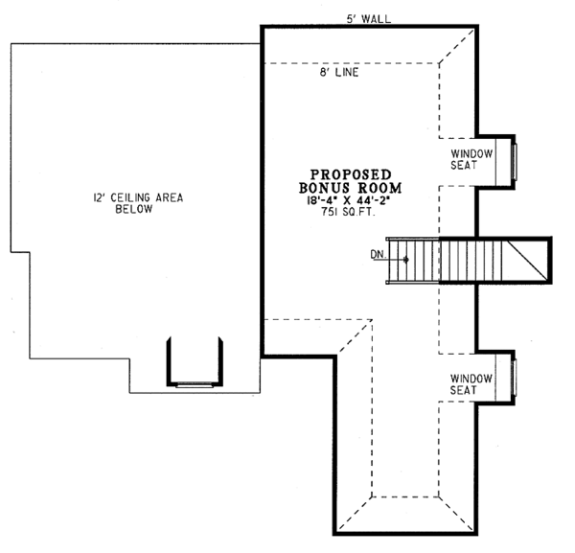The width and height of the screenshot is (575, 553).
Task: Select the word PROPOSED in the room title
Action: (348, 173)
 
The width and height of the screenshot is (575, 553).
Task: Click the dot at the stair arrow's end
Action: (406, 260)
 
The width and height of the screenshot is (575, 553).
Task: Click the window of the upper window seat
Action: (515, 159)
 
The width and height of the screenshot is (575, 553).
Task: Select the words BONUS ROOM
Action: (348, 188)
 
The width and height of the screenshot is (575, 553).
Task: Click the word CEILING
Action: (133, 197)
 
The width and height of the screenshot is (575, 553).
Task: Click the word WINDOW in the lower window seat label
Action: (471, 377)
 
